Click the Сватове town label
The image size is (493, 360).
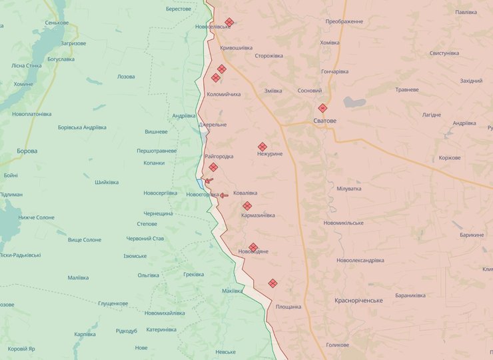[325, 121]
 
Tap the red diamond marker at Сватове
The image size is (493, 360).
[322, 108]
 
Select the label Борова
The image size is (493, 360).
[27, 151]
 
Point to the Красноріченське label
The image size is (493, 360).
[359, 301]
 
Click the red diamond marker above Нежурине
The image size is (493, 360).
[262, 147]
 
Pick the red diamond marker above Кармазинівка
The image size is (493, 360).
[247, 206]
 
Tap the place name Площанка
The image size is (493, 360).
[288, 307]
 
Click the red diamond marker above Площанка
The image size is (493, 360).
[272, 283]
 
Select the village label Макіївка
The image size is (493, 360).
[233, 291]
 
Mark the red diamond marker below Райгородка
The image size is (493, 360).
[213, 167]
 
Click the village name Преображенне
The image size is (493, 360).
[344, 21]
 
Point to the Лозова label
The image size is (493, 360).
[126, 77]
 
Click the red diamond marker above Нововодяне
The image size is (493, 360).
[253, 247]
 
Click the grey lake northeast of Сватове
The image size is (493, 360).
[354, 103]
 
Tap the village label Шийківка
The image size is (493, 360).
[107, 183]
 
